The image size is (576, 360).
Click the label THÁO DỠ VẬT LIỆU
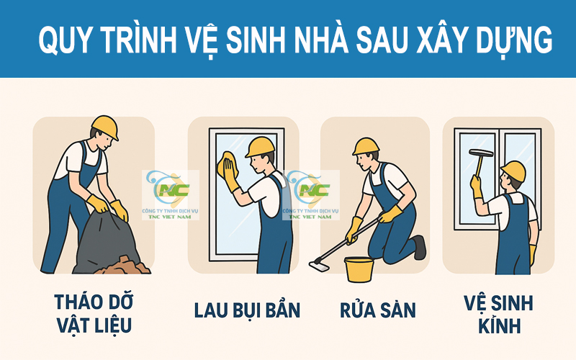click(x=93, y=312)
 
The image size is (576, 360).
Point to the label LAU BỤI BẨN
click(x=247, y=310)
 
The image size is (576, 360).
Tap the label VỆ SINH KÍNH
click(x=498, y=314)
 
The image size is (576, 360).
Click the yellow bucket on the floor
click(x=360, y=269)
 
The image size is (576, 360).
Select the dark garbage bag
click(x=101, y=241)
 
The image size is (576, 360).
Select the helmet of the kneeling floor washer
click(x=366, y=146)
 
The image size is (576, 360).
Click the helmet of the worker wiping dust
click(x=259, y=146)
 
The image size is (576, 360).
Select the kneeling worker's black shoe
click(x=419, y=246)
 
